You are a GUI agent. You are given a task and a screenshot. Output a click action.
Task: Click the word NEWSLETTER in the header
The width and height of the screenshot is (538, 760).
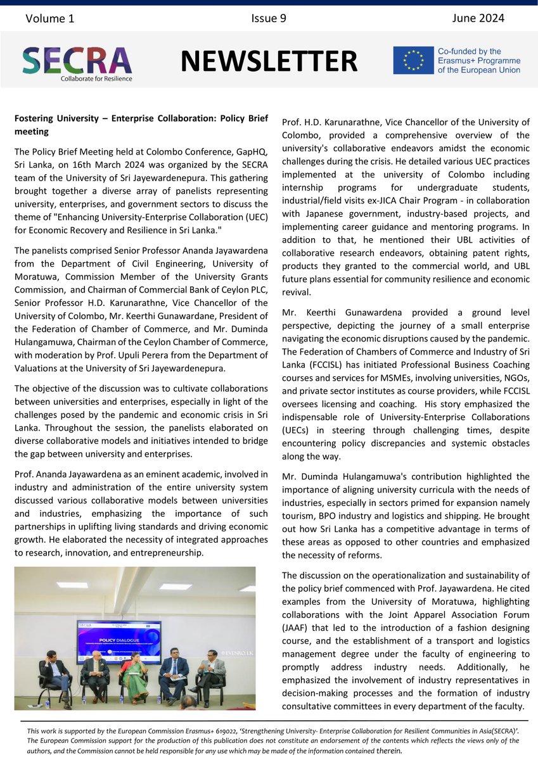269,61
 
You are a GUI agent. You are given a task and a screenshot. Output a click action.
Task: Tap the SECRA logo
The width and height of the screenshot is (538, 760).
77,60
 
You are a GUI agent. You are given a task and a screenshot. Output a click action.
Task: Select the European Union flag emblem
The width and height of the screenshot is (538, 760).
411,61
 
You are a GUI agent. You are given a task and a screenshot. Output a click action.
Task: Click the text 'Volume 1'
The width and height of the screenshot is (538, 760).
50,18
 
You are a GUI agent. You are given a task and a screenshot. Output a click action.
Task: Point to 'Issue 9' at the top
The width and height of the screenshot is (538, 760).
269,18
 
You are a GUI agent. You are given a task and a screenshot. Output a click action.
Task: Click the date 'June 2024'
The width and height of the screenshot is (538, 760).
478,18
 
